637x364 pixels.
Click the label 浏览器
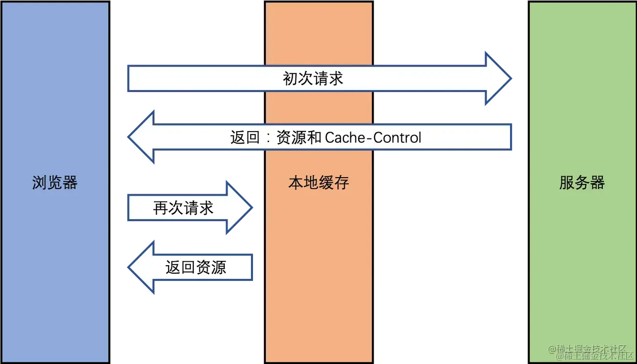tap(55, 183)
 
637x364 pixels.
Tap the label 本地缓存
tap(318, 183)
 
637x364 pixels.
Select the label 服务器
tap(582, 183)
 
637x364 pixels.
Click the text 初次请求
tap(313, 78)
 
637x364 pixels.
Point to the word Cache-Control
tap(373, 137)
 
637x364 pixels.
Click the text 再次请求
tap(183, 208)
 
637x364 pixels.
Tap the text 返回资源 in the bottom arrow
tap(195, 267)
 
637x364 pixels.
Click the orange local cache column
tap(318, 294)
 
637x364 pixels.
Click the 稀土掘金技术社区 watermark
tap(591, 351)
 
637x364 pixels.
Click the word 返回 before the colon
tap(245, 137)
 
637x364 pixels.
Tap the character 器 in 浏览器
tap(70, 183)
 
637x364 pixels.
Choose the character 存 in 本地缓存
tap(341, 183)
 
